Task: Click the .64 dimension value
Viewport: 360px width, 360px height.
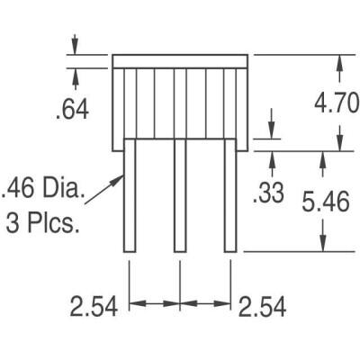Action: [x=71, y=110]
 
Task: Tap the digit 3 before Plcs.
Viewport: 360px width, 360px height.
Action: [x=14, y=220]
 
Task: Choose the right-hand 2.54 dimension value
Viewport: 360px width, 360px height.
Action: [x=262, y=307]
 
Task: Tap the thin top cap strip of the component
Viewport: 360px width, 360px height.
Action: [x=179, y=60]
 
